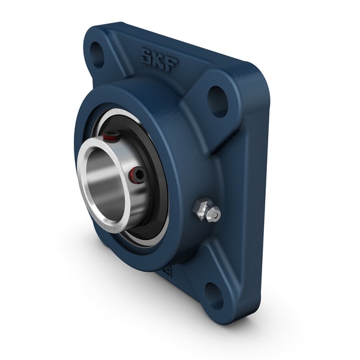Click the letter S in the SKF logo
[x=147, y=57]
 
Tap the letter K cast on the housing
[x=160, y=60]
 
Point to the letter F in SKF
[x=172, y=64]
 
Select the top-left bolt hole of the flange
[x=98, y=55]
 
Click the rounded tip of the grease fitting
[x=214, y=214]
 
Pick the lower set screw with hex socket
[x=137, y=175]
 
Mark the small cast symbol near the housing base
[x=170, y=271]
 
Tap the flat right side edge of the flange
[x=262, y=198]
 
